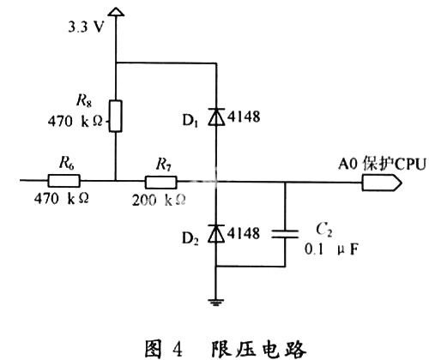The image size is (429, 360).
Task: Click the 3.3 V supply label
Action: pos(85,27)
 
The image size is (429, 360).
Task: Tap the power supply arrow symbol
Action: pos(116,12)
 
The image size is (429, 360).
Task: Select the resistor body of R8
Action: pos(116,116)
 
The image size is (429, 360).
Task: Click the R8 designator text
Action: pos(84,100)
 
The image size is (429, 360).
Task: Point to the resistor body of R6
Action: pos(64,181)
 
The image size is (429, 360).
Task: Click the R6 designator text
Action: pos(67,163)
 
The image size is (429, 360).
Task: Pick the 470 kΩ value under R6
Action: pos(61,198)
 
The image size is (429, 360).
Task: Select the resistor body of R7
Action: pos(161,182)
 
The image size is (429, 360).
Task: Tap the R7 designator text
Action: pos(164,165)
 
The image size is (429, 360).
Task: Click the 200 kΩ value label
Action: pos(159,200)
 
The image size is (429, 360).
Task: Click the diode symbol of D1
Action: pos(216,117)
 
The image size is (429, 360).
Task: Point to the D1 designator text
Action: pos(190,121)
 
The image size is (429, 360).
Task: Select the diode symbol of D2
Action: pos(216,233)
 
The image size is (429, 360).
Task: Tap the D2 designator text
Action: pos(190,238)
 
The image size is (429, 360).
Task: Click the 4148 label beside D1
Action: pos(244,117)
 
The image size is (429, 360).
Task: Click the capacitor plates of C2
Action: pos(285,234)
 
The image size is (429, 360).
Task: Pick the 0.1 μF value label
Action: pos(331,249)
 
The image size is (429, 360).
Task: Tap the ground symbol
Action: pos(216,302)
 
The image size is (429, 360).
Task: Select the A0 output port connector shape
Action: pos(382,183)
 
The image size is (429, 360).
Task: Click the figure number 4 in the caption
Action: pos(178,349)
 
